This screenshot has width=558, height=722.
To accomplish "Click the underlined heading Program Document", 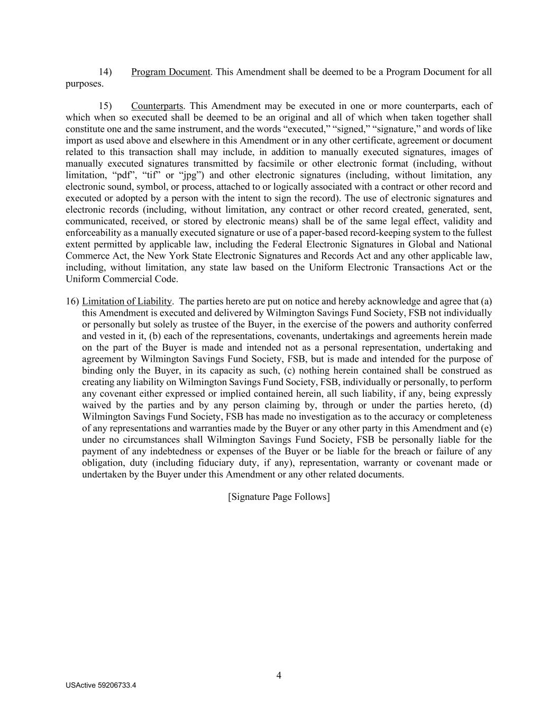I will pyautogui.click(x=170, y=72).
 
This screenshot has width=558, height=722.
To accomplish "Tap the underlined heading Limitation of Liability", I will pyautogui.click(x=127, y=301).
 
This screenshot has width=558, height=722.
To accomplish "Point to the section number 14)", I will pyautogui.click(x=106, y=72).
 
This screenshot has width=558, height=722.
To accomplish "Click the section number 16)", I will pyautogui.click(x=72, y=301).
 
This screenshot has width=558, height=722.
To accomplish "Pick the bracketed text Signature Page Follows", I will pyautogui.click(x=279, y=497).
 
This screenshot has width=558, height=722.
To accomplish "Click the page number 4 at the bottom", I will pyautogui.click(x=279, y=675).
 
